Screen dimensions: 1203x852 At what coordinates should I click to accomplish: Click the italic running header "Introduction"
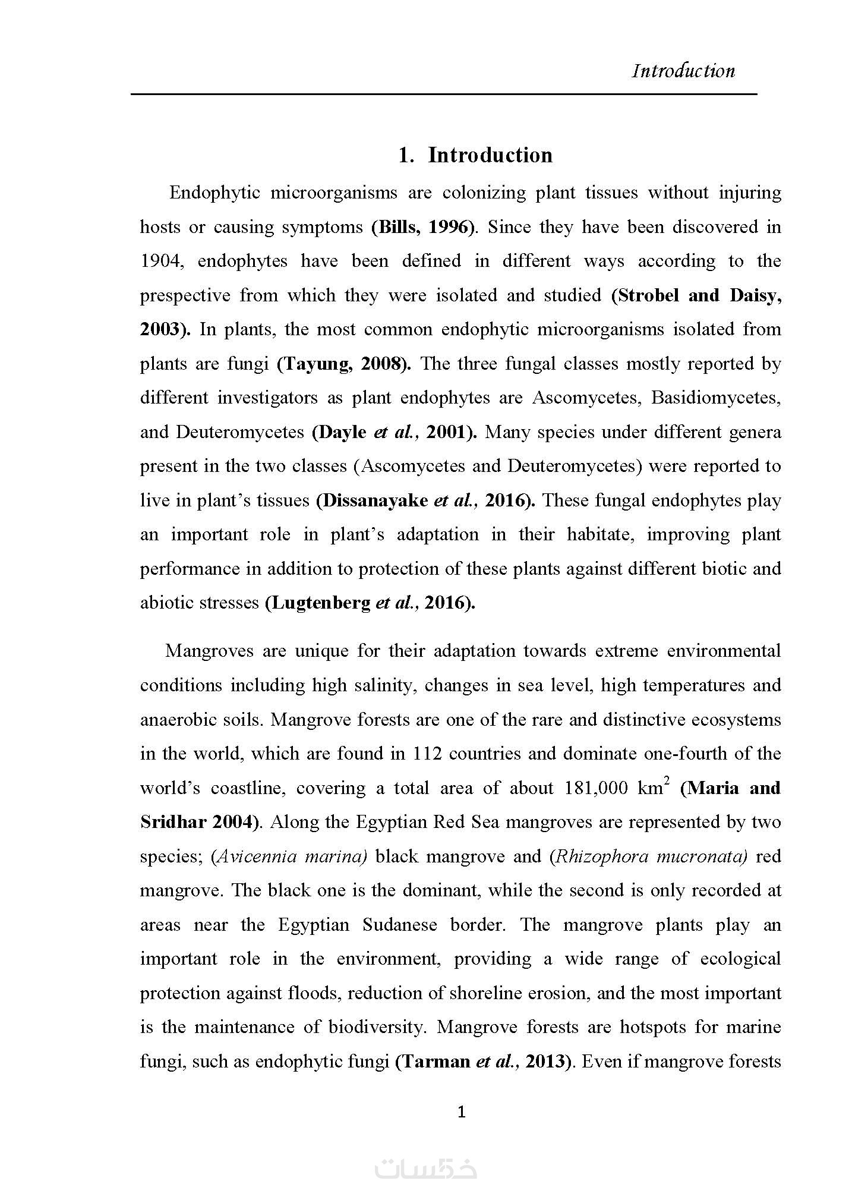click(x=683, y=71)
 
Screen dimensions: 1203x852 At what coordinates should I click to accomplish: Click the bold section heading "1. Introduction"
click(x=475, y=155)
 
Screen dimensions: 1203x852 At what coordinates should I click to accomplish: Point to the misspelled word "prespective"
click(x=185, y=295)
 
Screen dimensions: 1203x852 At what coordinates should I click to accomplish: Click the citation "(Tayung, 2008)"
click(x=344, y=364)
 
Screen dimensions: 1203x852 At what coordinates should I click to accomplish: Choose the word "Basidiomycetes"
click(x=715, y=398)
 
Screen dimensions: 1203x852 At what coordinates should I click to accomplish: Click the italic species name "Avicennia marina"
click(x=291, y=856)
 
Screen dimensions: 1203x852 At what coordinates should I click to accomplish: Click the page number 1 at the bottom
click(x=462, y=1112)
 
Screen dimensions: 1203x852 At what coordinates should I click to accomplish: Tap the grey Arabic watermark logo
click(x=426, y=1169)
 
